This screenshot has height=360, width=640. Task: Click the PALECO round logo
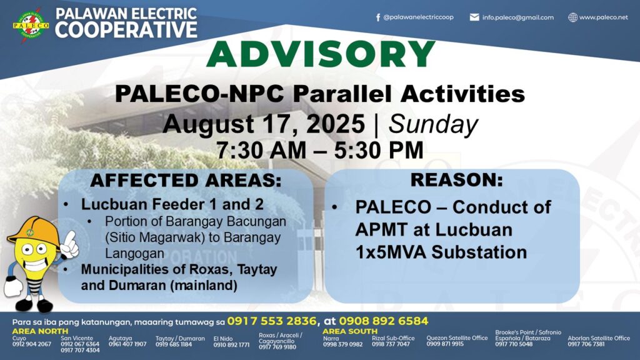coord(31,24)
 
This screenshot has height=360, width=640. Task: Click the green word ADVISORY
coord(321,54)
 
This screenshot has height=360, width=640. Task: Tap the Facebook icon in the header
coord(378,17)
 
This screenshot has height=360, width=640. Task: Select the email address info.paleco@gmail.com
coord(518,17)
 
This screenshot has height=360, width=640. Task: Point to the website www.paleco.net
coord(604,17)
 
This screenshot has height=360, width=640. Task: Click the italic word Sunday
coord(433,124)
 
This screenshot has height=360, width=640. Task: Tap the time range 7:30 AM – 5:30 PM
coord(319,150)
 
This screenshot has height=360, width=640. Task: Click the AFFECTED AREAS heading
coord(186,181)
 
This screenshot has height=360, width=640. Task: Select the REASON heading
coord(457,179)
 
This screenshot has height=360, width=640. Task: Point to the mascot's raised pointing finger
coord(72,237)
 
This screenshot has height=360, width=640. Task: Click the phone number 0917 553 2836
coord(271,321)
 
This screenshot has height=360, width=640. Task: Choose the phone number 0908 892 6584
coord(383,321)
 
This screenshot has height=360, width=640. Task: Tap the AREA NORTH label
coord(40,331)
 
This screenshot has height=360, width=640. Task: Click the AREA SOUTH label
coord(350,331)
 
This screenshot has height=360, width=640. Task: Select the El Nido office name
coord(223,338)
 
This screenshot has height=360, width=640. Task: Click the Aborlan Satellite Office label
coord(599,338)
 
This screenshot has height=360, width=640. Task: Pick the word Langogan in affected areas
coord(134,254)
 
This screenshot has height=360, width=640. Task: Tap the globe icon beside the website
coord(572,17)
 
